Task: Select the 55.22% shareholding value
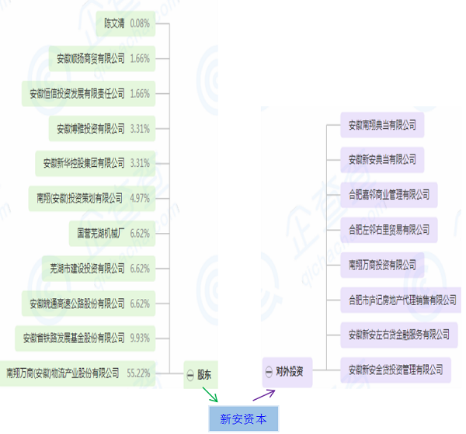point(137,373)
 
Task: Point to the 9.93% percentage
point(140,338)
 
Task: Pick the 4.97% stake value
point(140,198)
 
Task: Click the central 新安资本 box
point(243,418)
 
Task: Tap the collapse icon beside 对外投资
point(268,372)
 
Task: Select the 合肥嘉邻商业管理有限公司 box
point(388,195)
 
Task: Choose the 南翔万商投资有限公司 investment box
point(382,265)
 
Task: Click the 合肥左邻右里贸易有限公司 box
point(388,230)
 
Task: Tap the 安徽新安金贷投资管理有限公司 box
point(395,369)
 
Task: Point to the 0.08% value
point(140,23)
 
